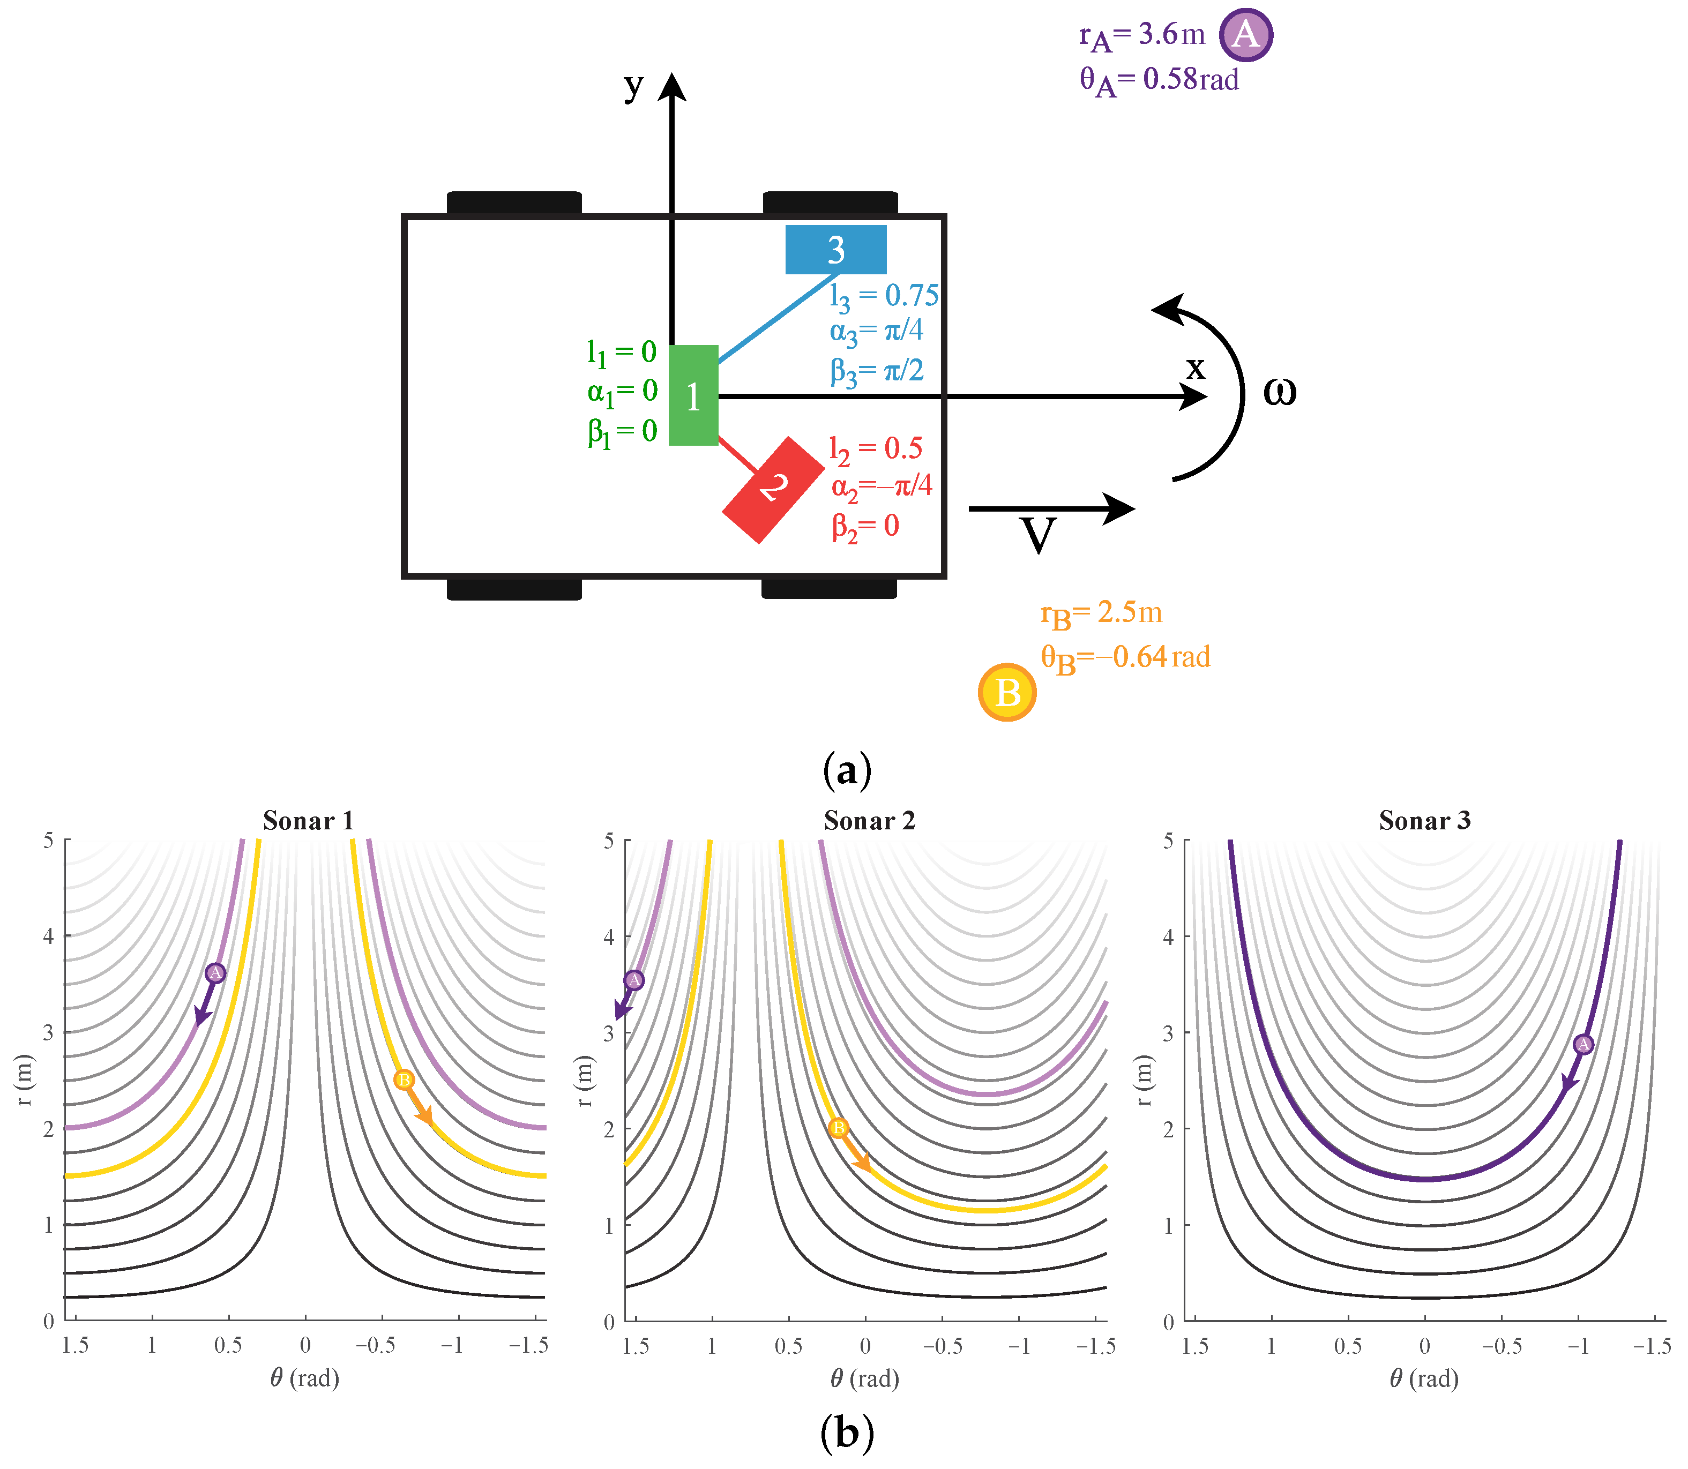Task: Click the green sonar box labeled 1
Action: (693, 395)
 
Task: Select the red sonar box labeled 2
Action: (772, 489)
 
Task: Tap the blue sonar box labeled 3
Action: (835, 249)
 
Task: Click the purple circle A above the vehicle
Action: (1245, 35)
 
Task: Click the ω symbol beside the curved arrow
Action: (1279, 392)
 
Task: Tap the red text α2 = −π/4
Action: (882, 487)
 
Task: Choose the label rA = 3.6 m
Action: (1142, 35)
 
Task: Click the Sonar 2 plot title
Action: (869, 821)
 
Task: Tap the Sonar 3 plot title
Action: (1425, 821)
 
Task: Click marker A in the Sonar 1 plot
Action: (215, 973)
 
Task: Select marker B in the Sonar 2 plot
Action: (838, 1128)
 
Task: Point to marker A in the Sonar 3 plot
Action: (1583, 1044)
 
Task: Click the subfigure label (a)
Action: (847, 770)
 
